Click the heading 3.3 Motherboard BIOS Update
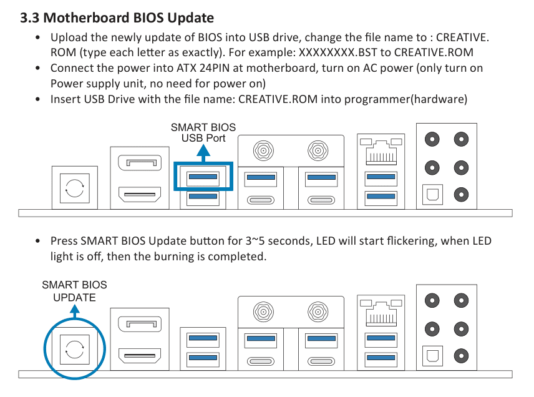(x=117, y=17)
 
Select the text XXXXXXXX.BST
(x=338, y=52)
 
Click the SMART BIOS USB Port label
(x=203, y=132)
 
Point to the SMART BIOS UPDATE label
(x=74, y=291)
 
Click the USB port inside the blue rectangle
(x=203, y=177)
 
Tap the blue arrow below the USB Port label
(x=203, y=153)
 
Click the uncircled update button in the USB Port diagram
(x=75, y=188)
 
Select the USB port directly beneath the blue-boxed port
(x=203, y=196)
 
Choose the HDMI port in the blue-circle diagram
(x=140, y=356)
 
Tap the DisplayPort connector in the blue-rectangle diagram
(x=140, y=163)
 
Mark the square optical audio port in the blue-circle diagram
(x=432, y=356)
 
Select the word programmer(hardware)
(x=405, y=99)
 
